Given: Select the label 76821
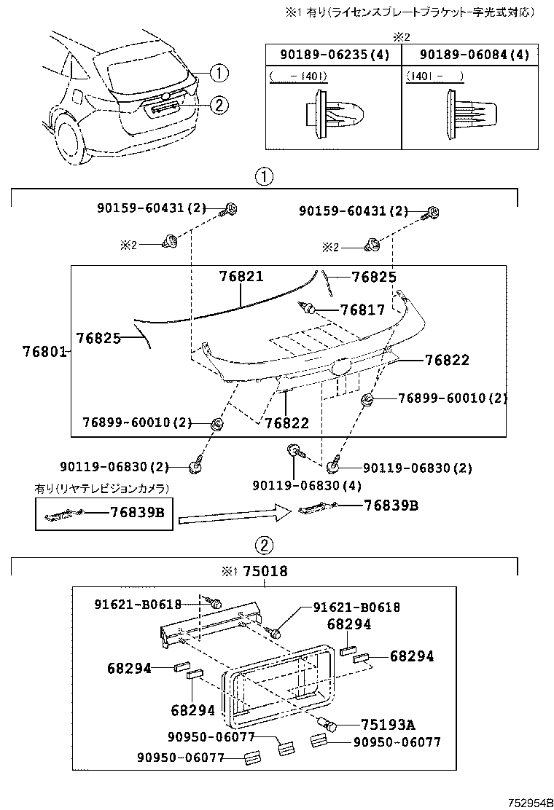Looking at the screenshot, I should (x=241, y=277).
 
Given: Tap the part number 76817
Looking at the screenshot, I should (x=362, y=310).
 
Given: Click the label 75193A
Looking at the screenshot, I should (x=388, y=724).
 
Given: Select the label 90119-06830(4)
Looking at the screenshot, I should (x=307, y=485).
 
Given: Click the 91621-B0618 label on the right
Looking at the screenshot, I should (x=356, y=607).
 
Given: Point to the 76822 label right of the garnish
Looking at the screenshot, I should (x=447, y=360).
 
